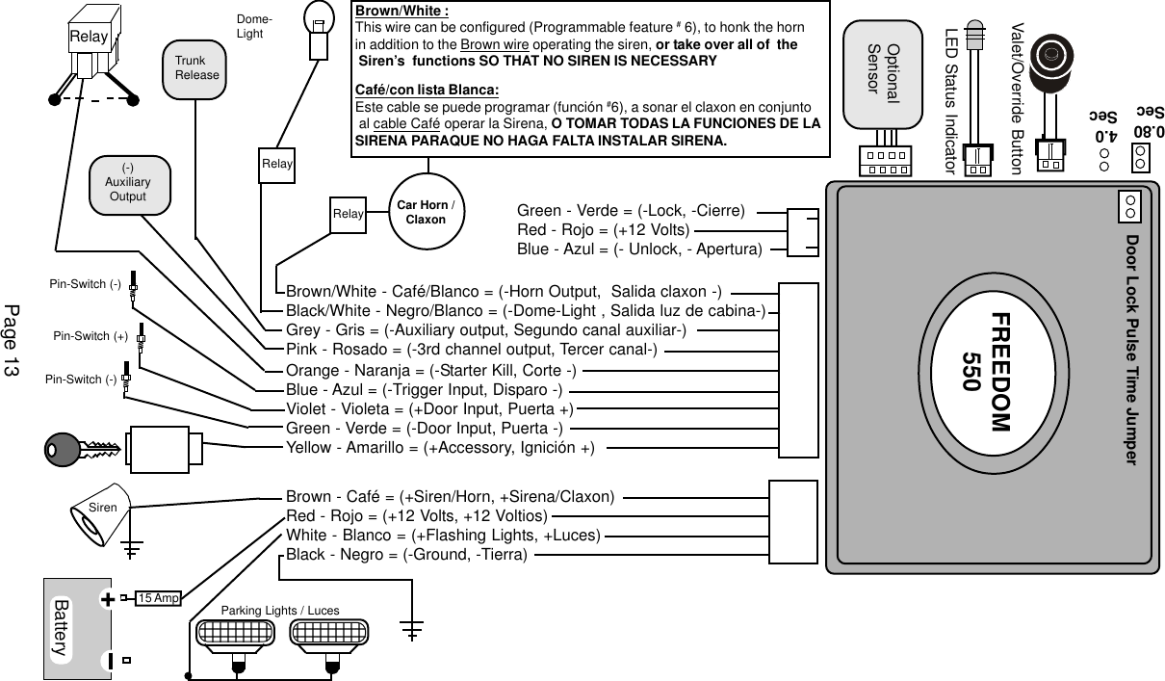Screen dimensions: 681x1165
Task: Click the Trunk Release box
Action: point(196,68)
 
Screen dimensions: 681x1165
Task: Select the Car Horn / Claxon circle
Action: point(426,213)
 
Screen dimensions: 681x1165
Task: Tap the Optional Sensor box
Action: point(883,73)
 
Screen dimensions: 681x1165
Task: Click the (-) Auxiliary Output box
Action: point(127,182)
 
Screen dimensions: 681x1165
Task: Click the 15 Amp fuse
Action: point(158,598)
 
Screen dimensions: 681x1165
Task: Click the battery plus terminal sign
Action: point(108,599)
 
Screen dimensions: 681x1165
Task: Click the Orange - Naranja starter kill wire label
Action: point(430,371)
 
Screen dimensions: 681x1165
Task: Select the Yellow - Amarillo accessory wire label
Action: point(439,447)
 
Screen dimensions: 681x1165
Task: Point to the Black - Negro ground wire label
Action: point(405,556)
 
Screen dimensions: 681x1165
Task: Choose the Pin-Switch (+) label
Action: point(90,336)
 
